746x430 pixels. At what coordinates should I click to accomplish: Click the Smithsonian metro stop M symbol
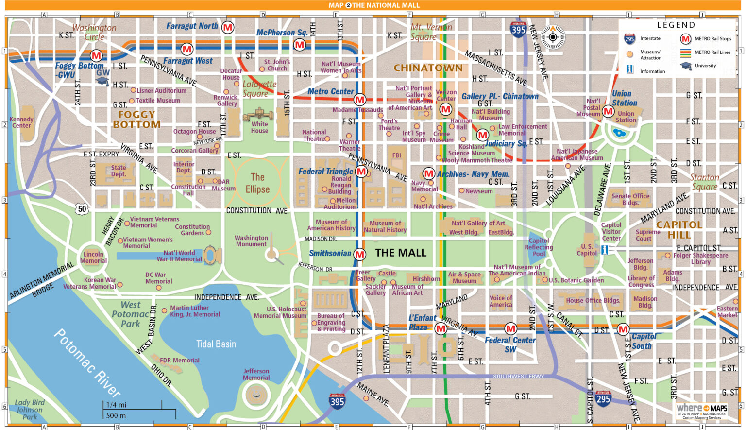359,254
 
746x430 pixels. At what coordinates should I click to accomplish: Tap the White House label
259,127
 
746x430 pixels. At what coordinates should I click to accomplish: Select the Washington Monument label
251,241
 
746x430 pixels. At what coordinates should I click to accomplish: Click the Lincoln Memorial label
93,258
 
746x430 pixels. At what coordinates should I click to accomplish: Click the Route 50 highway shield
82,209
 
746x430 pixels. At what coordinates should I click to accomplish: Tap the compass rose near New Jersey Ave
553,37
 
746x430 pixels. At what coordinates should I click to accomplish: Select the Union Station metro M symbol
608,112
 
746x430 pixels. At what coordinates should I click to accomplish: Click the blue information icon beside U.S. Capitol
605,250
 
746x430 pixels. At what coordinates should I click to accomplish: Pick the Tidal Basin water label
216,344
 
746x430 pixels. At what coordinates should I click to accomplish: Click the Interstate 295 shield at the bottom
603,399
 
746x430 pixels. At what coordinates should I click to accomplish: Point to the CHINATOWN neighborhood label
428,68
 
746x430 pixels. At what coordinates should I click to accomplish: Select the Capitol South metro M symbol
623,329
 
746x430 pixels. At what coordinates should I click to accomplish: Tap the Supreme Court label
648,235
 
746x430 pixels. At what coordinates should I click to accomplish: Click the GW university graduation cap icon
102,81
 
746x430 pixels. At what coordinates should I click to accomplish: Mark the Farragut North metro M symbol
227,27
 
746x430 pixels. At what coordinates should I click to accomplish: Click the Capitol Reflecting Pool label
539,247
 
